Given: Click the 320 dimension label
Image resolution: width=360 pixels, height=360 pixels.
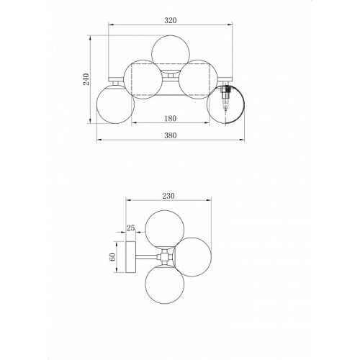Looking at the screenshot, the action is [170, 20].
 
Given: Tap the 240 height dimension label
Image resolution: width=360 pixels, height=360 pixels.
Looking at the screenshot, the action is [86, 79].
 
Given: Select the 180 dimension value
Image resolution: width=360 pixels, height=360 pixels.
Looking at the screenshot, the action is [170, 118].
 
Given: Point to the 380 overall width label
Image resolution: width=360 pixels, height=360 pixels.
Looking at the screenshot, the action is [170, 135].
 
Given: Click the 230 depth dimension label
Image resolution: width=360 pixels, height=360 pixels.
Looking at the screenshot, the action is [168, 196].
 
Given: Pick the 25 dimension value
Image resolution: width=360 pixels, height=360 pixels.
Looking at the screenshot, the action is [130, 228].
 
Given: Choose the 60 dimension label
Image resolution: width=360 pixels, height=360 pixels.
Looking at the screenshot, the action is [112, 257].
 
